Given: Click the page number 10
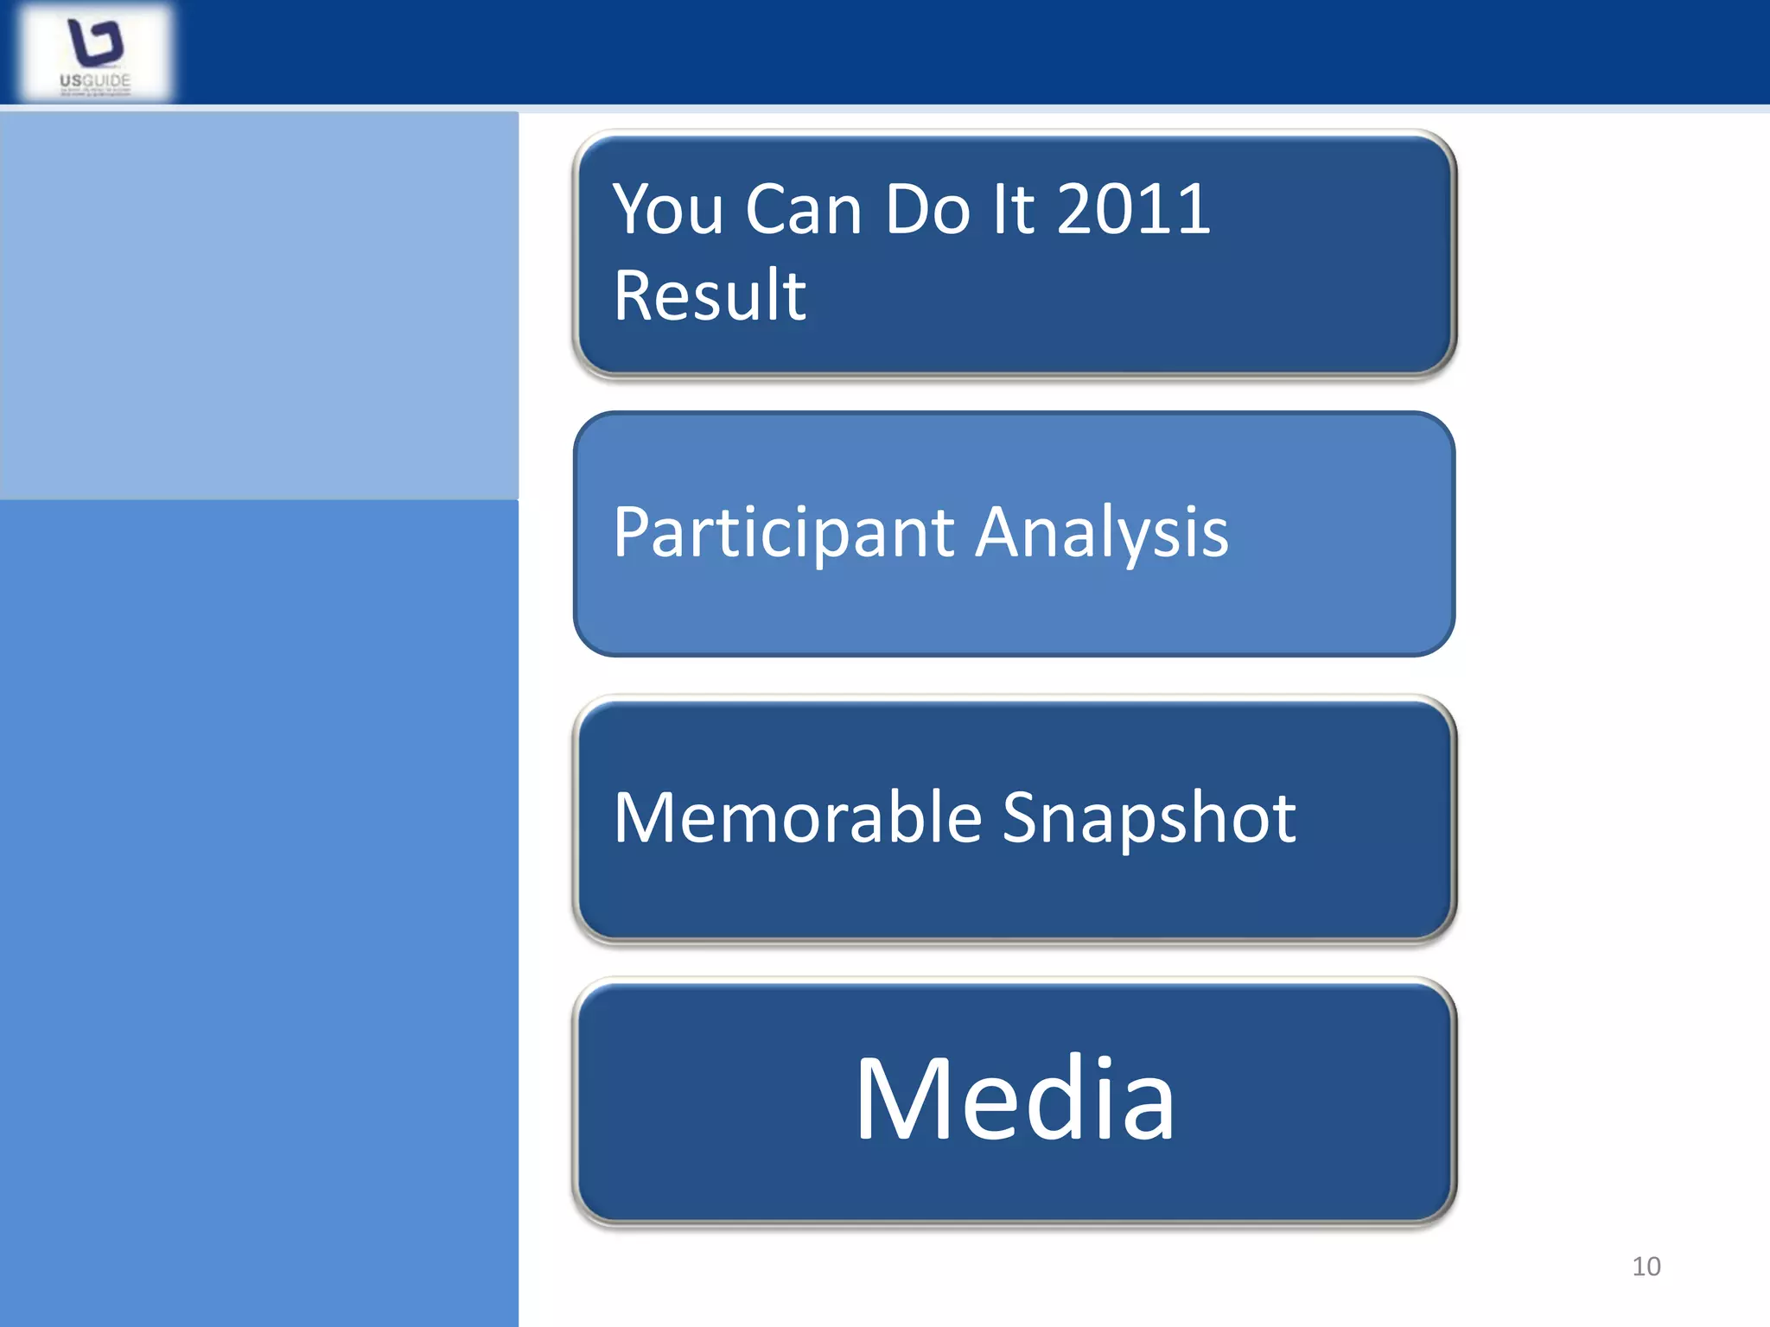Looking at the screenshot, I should pos(1646,1267).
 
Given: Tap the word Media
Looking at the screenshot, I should pos(1016,1099).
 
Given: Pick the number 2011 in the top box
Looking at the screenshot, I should pos(1133,209).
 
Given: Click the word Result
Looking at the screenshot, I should pos(710,295).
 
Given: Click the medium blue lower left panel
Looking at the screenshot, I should pos(259,907).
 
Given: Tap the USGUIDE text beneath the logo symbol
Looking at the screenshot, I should pos(95,81).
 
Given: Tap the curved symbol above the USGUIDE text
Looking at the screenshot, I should pos(95,41).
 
